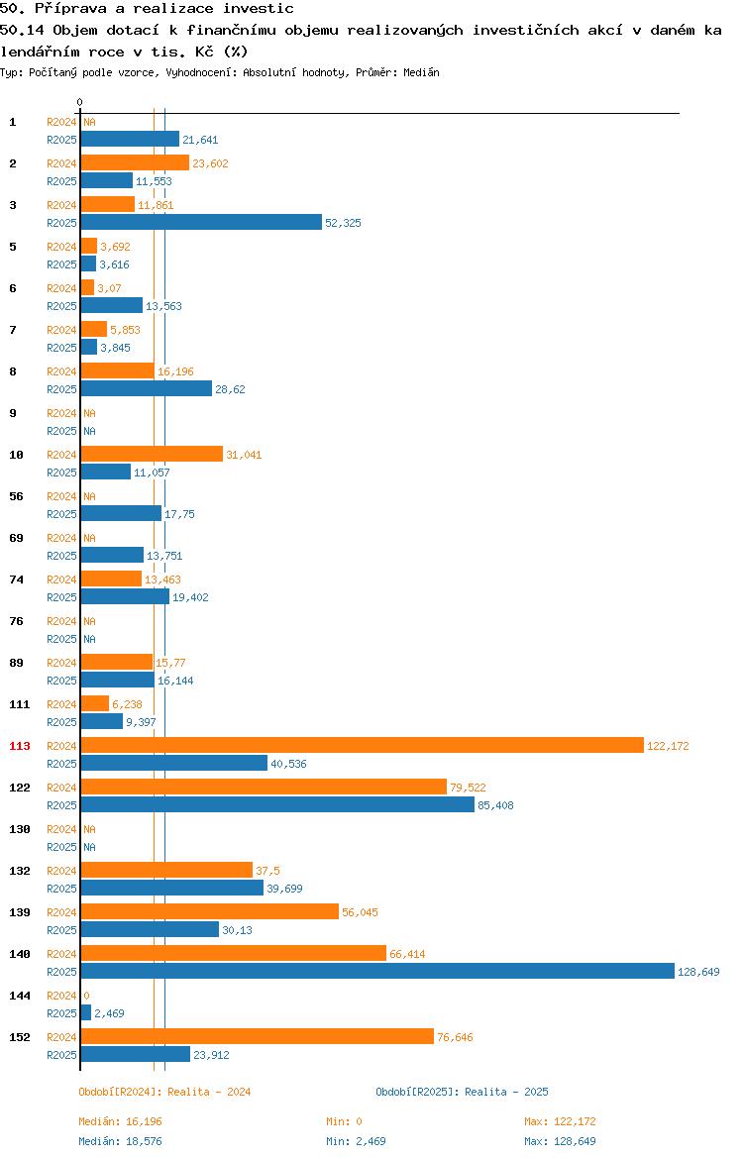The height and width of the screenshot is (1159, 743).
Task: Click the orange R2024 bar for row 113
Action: [x=363, y=746]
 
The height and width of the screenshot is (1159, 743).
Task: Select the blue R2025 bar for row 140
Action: [x=377, y=971]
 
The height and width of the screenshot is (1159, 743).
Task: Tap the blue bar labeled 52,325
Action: [x=202, y=223]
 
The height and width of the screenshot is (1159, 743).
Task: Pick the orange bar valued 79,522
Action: [x=264, y=788]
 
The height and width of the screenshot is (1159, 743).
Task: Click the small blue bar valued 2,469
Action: [x=86, y=1012]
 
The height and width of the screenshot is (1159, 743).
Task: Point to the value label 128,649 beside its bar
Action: [x=698, y=972]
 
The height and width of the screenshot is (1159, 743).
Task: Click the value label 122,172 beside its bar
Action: [x=668, y=747]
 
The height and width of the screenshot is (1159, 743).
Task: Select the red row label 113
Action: [x=20, y=746]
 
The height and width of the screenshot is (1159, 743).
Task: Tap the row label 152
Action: [x=20, y=1037]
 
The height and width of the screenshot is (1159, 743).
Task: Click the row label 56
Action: [x=16, y=496]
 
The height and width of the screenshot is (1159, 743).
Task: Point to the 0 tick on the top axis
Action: [x=80, y=103]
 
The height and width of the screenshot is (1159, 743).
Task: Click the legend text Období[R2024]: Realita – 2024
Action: [x=164, y=1092]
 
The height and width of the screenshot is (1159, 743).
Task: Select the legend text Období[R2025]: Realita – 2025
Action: [x=462, y=1092]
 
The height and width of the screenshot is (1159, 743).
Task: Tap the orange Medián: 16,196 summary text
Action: [x=121, y=1121]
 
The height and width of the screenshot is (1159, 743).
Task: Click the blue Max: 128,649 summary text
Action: [x=561, y=1141]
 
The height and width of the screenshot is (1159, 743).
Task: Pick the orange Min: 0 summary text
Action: [x=345, y=1121]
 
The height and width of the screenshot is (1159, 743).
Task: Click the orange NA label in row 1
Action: [x=89, y=122]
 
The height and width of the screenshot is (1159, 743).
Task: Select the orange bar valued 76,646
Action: [x=258, y=1036]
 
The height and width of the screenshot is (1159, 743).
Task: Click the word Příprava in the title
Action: [x=71, y=9]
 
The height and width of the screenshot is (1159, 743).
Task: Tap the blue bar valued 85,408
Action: [x=278, y=805]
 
